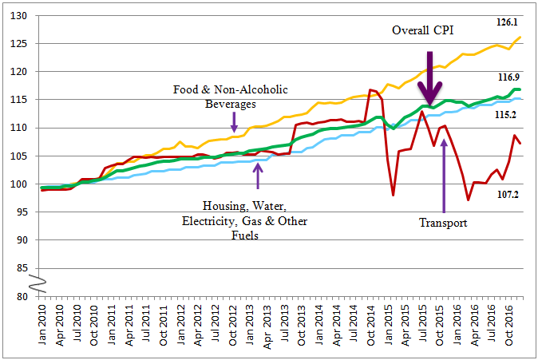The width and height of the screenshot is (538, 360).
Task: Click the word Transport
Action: coord(443,224)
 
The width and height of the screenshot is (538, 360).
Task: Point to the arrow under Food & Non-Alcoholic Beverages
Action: coord(234,121)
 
